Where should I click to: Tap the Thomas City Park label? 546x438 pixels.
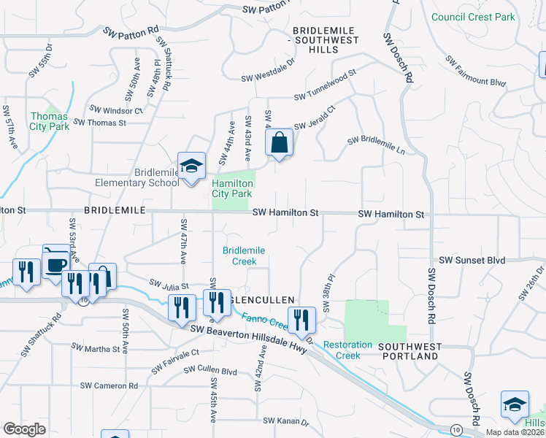[x=50, y=121]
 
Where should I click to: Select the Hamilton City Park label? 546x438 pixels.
[x=232, y=188]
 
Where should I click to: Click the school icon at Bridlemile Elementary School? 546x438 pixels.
[x=191, y=167]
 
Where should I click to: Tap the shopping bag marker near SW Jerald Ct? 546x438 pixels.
[x=279, y=144]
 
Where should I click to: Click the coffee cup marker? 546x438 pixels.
[x=56, y=261]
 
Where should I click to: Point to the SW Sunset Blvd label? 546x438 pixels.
[x=472, y=261]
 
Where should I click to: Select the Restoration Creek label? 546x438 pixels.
[x=342, y=350]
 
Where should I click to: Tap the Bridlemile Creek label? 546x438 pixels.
[x=244, y=255]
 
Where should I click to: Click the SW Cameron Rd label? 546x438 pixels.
[x=109, y=385]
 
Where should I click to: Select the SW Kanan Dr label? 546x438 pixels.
[x=286, y=421]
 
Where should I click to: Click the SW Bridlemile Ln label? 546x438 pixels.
[x=375, y=143]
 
